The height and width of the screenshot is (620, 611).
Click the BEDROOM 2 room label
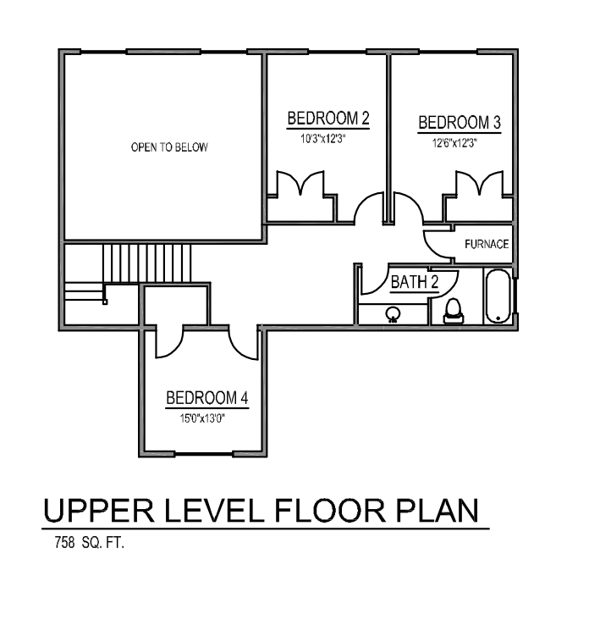pos(328,118)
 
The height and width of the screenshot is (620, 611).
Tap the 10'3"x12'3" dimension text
pos(323,139)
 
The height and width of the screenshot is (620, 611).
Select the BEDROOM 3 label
pos(460,122)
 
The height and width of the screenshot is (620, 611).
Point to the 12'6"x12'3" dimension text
pos(454,143)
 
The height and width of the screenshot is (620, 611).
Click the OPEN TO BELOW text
pos(169,147)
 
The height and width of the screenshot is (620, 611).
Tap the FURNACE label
pos(487,245)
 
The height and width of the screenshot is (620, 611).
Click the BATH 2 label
pos(415,282)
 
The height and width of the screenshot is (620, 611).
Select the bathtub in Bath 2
pos(498,296)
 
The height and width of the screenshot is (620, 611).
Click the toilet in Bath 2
pos(454,311)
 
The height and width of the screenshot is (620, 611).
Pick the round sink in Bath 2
pos(393,315)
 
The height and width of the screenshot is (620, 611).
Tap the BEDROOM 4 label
pos(207,398)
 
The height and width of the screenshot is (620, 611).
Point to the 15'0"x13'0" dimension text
pos(202,418)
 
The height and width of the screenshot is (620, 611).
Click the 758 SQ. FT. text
pos(90,542)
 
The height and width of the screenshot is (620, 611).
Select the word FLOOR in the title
pos(330,511)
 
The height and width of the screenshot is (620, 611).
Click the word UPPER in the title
pos(99,511)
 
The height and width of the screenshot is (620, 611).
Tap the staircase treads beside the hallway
pos(147,263)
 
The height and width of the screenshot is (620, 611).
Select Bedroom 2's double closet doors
pos(300,183)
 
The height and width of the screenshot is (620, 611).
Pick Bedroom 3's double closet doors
pos(480,183)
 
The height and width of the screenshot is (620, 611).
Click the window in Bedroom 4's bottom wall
pos(204,454)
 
